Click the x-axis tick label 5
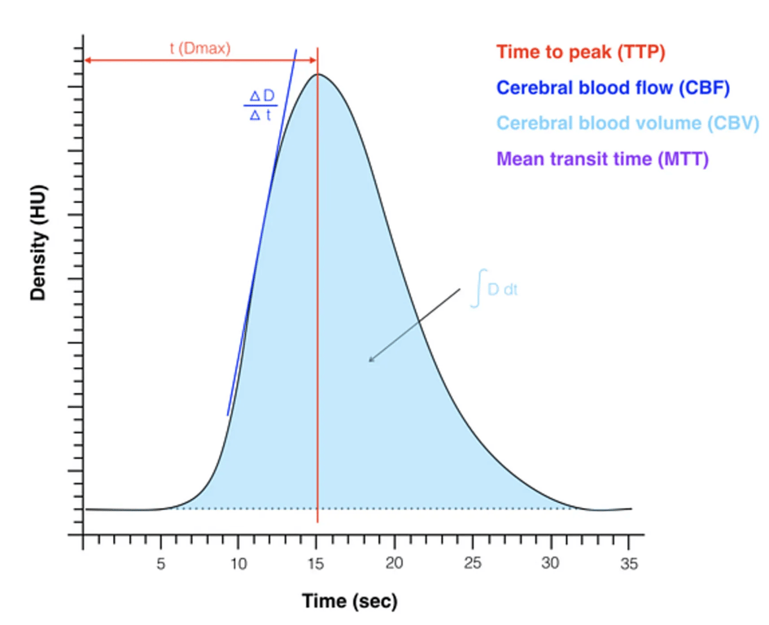pyautogui.click(x=160, y=562)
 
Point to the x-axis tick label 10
pyautogui.click(x=238, y=562)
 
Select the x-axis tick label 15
pyautogui.click(x=317, y=562)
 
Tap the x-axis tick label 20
pyautogui.click(x=395, y=562)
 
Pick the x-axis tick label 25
pyautogui.click(x=473, y=562)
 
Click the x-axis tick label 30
pyautogui.click(x=551, y=562)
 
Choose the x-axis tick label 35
pyautogui.click(x=628, y=562)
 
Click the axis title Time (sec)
pyautogui.click(x=350, y=602)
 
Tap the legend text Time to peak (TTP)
pyautogui.click(x=581, y=53)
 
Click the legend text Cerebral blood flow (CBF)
pyautogui.click(x=613, y=88)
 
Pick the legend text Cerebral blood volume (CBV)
pyautogui.click(x=627, y=123)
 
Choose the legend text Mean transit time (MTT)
pyautogui.click(x=602, y=159)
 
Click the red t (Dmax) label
pyautogui.click(x=200, y=49)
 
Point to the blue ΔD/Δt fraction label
pyautogui.click(x=261, y=105)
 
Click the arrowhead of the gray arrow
pyautogui.click(x=370, y=361)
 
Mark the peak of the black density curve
pyautogui.click(x=317, y=75)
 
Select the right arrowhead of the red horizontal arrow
pyautogui.click(x=313, y=61)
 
